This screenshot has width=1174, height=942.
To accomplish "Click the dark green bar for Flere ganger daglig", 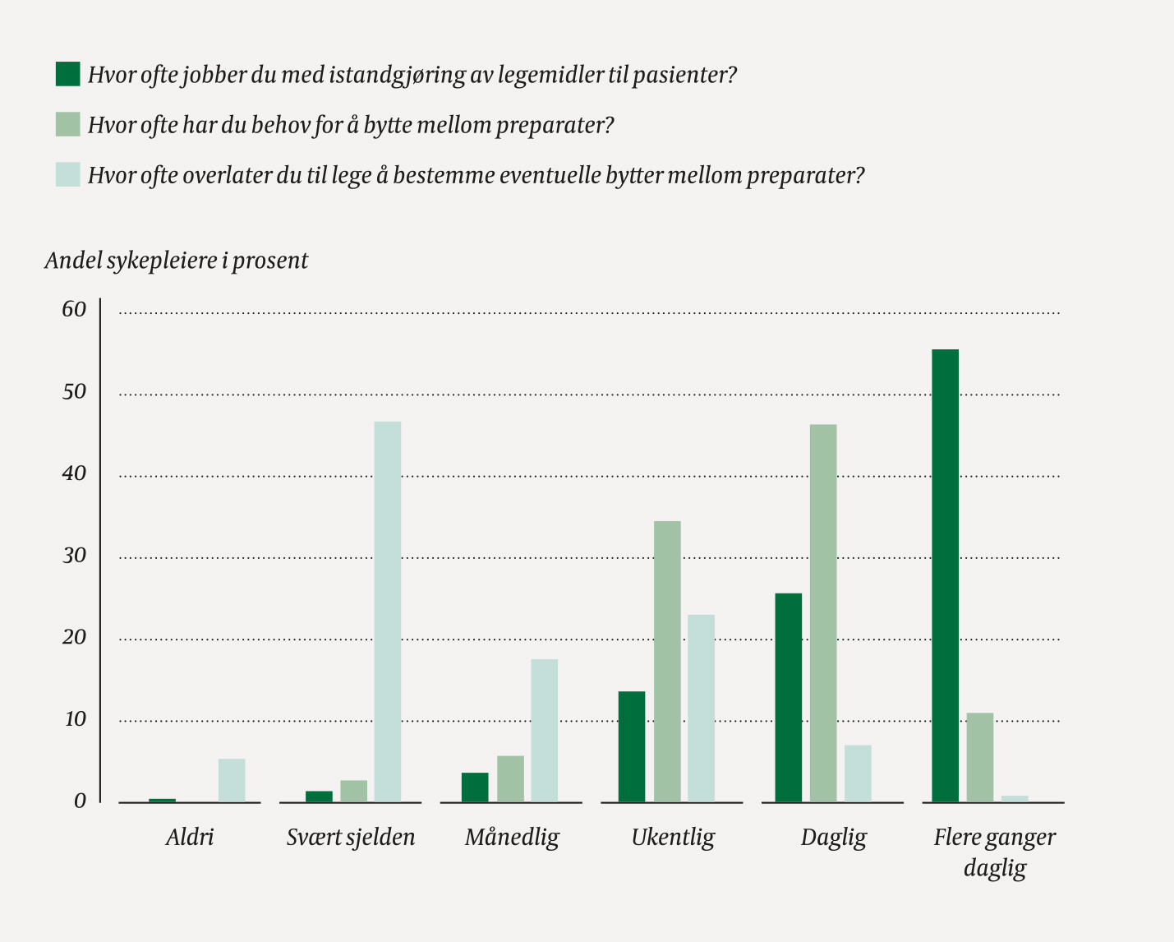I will tap(945, 575).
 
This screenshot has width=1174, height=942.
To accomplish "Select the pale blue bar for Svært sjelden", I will tap(388, 612).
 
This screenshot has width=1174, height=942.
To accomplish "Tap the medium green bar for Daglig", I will tap(823, 613).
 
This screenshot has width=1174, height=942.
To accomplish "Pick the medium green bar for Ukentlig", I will tap(667, 662).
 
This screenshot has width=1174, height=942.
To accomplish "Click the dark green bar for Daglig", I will tap(789, 697).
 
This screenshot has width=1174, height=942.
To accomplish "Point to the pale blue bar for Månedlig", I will tap(544, 730).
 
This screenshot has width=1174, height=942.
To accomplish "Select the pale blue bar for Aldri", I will tap(232, 780).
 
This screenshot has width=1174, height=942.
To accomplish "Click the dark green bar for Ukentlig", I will tap(632, 746).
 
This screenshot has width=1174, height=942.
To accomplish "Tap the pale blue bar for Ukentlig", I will tap(701, 708).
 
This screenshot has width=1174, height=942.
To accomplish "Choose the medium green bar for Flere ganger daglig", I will tap(980, 757).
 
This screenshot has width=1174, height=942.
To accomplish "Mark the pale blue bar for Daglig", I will tap(858, 773).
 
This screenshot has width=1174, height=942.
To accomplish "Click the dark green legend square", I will tap(68, 74).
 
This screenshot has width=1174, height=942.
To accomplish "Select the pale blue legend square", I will tap(68, 174).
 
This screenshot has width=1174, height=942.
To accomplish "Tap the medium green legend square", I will tap(68, 124).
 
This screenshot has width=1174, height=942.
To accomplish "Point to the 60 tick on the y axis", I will tap(74, 310).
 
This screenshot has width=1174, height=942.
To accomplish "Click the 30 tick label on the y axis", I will tap(74, 556).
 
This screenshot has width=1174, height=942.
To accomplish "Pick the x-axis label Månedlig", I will tap(512, 838).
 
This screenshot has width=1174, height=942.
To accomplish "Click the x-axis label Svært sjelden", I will tap(351, 838).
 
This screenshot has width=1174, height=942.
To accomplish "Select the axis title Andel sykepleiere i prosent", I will tap(177, 261).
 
